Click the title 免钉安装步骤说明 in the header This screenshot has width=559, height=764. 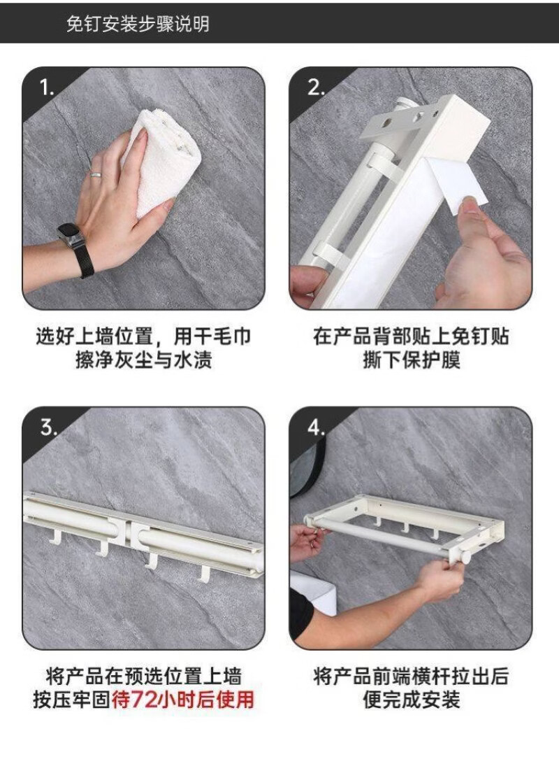138,23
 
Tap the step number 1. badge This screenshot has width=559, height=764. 47,88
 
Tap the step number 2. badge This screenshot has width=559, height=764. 317,87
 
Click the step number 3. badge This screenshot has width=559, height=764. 49,427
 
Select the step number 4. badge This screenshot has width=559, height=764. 317,427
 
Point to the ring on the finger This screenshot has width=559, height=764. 96,174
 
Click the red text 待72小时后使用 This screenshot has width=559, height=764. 183,700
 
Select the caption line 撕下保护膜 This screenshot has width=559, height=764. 411,360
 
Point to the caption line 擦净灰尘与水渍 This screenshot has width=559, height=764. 143,360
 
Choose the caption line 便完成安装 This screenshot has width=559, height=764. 411,700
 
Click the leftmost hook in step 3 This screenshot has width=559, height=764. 55,537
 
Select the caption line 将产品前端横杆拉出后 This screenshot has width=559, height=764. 411,676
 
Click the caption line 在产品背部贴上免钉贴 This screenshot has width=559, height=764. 411,337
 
